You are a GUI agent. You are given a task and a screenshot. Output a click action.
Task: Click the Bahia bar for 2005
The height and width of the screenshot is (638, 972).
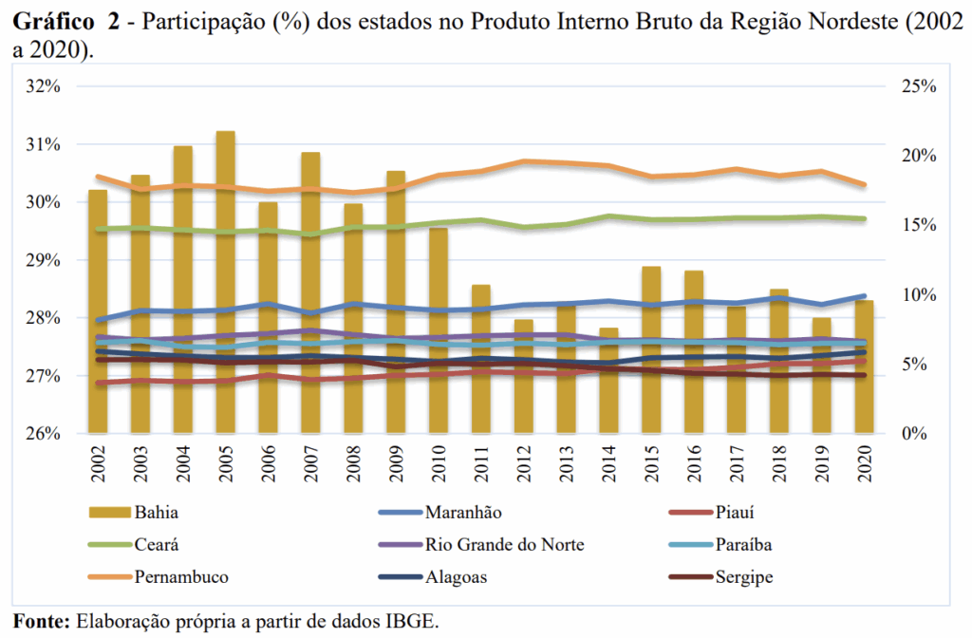226,285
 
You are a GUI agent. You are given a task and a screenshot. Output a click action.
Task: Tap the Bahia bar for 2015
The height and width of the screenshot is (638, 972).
652,351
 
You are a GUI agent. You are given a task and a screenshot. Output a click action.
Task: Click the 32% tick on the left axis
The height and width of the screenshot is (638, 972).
44,86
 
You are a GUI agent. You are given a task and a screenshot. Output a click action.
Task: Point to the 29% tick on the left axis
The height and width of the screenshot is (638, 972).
44,260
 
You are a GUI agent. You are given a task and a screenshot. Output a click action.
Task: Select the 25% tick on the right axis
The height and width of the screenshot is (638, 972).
918,86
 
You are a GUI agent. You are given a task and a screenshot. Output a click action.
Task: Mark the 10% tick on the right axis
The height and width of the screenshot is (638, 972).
918,294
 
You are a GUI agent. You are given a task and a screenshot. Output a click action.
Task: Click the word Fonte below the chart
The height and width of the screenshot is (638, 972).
42,622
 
